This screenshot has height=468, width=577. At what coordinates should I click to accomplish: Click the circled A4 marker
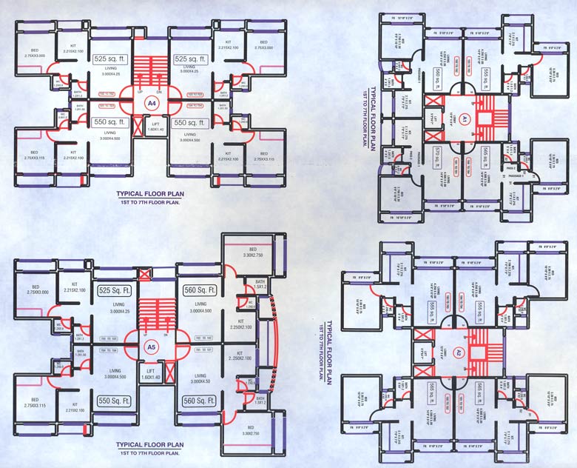pyautogui.click(x=152, y=104)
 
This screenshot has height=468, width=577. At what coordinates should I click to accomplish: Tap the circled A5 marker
pyautogui.click(x=150, y=346)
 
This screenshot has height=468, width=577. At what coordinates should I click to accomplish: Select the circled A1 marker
pyautogui.click(x=467, y=118)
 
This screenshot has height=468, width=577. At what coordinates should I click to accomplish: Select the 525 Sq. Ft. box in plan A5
pyautogui.click(x=114, y=291)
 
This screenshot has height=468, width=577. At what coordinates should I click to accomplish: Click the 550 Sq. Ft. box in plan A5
pyautogui.click(x=114, y=401)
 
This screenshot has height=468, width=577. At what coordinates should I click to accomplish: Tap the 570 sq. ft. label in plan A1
pyautogui.click(x=438, y=157)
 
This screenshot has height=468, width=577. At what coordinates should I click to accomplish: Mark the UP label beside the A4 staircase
pyautogui.click(x=141, y=92)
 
